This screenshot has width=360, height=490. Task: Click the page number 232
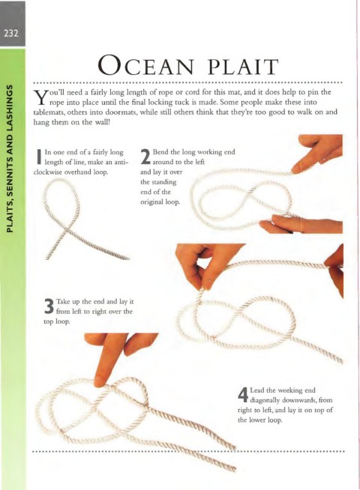tap(11, 33)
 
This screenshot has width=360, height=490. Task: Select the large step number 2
tap(145, 157)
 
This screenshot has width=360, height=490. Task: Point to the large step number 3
tap(49, 306)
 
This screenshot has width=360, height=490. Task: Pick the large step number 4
tap(243, 395)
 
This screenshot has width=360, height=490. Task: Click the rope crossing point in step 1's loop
tap(66, 231)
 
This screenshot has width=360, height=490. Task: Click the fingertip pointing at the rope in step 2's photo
tap(295, 169)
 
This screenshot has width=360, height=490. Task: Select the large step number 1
tap(39, 157)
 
